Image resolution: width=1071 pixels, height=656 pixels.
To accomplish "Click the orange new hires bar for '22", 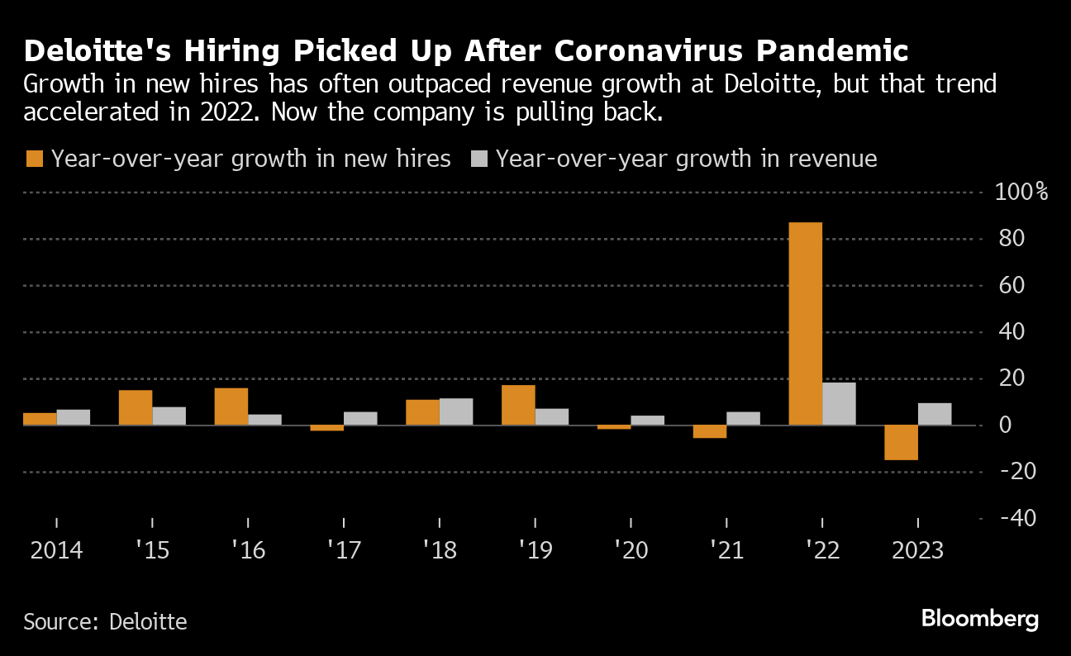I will click(x=806, y=323).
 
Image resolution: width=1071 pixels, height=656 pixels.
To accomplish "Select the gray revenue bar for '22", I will click(x=839, y=404).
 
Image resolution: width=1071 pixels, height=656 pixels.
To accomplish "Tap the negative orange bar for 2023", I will click(x=902, y=442).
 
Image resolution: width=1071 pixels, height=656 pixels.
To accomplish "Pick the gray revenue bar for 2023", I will click(x=935, y=414).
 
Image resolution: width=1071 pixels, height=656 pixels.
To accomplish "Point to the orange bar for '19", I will click(x=518, y=405).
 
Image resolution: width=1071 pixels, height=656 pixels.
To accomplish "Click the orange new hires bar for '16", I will click(x=231, y=406).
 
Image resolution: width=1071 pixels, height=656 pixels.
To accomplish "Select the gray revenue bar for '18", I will click(x=455, y=411).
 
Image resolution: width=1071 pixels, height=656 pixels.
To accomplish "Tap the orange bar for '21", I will click(x=710, y=431).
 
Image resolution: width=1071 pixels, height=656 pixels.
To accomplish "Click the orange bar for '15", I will click(x=136, y=407).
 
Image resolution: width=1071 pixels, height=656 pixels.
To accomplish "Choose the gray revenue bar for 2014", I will click(x=73, y=417).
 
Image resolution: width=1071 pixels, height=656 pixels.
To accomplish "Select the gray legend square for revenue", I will click(x=478, y=159).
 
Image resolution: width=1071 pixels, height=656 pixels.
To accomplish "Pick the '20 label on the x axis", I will click(x=630, y=550).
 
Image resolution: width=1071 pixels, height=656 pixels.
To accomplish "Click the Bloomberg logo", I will click(x=980, y=619).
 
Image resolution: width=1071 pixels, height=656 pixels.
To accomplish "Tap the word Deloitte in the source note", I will click(x=148, y=621).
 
